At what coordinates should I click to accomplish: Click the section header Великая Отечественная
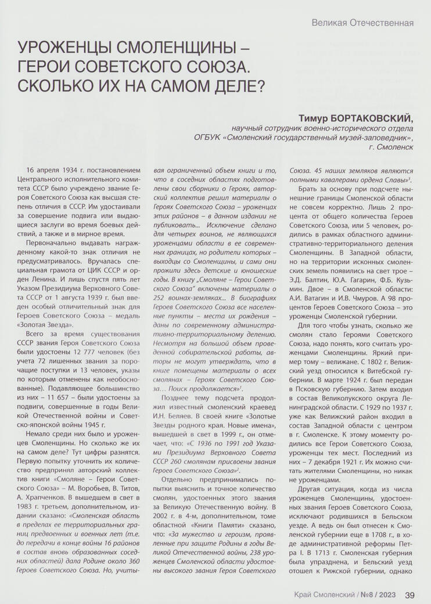pos(362,23)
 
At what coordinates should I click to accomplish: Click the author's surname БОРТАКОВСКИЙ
pos(367,118)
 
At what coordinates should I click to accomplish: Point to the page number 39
pos(410,594)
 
